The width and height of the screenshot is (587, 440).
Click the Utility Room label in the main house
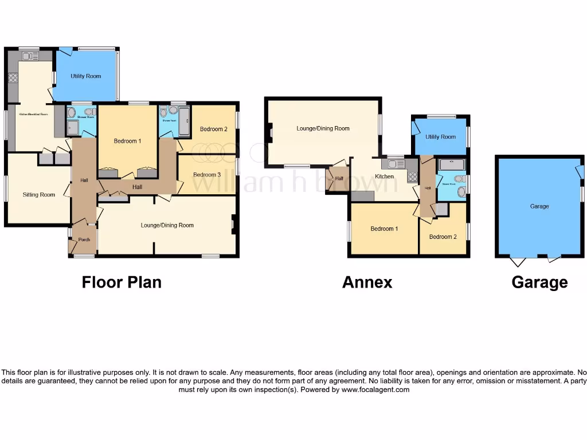[86, 76]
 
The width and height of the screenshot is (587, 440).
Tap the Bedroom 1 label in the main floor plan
[127, 141]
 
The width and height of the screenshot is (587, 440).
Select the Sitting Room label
[39, 195]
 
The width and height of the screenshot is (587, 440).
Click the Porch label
[84, 239]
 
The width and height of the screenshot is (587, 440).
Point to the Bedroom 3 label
[207, 175]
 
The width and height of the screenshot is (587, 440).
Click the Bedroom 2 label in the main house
[213, 129]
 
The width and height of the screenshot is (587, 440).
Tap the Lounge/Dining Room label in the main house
[167, 225]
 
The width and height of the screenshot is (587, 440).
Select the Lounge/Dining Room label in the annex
[323, 128]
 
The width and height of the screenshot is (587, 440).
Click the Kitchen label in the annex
[384, 176]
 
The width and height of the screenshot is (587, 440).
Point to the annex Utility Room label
[440, 137]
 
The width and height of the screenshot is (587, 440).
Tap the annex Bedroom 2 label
[443, 237]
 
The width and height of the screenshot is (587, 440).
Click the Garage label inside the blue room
[539, 206]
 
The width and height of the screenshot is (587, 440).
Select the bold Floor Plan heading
[122, 282]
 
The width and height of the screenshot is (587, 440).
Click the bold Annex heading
[367, 282]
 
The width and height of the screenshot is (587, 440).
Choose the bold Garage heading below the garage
[539, 282]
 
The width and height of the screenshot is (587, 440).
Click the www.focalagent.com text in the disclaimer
[375, 390]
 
